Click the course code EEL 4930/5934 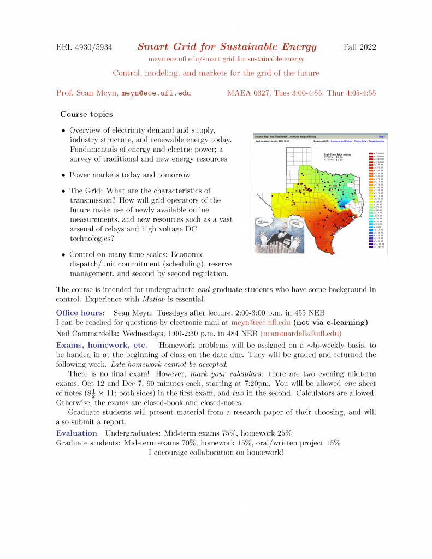click(x=84, y=47)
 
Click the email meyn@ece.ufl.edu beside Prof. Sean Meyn click(x=156, y=93)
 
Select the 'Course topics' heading click(x=86, y=115)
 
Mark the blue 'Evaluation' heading click(x=76, y=433)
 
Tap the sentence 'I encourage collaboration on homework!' click(x=216, y=453)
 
